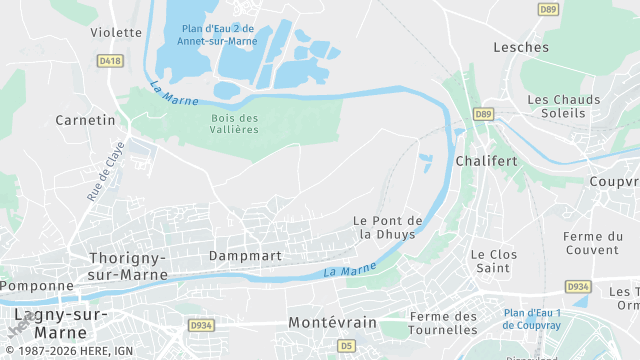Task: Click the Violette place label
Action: pos(116,32)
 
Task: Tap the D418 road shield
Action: pos(110,61)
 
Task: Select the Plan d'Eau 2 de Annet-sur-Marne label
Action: pos(218,35)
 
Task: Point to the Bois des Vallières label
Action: pos(235,124)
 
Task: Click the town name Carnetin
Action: pos(86,120)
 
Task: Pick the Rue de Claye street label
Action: pos(105,171)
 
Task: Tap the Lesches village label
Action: pos(521,47)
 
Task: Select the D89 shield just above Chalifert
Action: pos(484,114)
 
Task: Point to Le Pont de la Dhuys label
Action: pos(388,227)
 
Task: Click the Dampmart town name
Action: pos(245,256)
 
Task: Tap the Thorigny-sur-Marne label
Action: pos(127,265)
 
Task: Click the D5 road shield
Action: pos(346,345)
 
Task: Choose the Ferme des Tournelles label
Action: pos(444,323)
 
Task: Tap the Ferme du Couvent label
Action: pos(592,243)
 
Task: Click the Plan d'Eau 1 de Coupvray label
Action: pos(532,319)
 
